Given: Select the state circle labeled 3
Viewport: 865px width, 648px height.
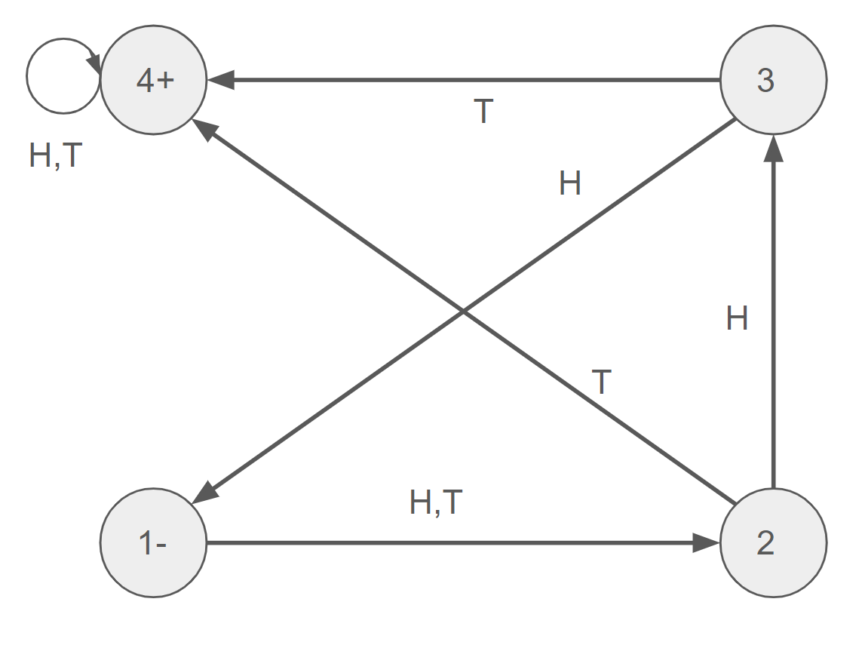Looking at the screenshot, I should (x=773, y=80).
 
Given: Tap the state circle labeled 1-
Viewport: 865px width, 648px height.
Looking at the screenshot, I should (x=154, y=542).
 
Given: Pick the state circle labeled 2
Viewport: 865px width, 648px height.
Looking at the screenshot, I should (x=773, y=542).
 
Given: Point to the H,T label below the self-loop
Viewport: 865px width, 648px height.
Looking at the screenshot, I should (x=56, y=156).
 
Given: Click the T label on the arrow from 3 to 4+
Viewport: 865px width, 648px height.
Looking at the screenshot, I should (x=483, y=112).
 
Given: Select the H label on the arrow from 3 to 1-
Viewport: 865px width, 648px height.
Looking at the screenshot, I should (x=570, y=183).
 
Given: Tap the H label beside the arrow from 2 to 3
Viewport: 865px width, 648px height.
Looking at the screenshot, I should (x=737, y=319).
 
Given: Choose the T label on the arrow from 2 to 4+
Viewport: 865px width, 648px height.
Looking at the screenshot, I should (x=601, y=383).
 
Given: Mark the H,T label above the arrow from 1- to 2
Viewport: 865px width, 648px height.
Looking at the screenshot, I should (x=435, y=502).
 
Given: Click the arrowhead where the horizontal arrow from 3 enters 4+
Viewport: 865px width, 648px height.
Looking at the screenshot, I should (x=221, y=80).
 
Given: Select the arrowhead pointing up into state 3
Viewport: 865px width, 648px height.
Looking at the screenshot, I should (x=773, y=148).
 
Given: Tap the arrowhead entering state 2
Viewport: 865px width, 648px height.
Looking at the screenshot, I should (x=707, y=542).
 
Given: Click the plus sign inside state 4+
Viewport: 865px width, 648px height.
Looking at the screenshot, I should (x=166, y=80).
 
